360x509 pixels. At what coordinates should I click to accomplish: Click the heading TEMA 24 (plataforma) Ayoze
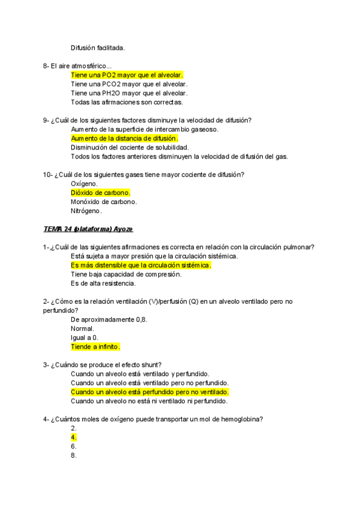pos(88,229)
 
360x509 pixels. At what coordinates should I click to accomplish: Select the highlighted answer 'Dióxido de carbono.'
pos(100,193)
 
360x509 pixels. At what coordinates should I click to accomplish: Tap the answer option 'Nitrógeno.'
pos(86,211)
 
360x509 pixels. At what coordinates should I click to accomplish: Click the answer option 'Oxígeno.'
pos(85,184)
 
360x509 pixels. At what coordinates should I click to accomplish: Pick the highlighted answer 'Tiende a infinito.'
pos(95,347)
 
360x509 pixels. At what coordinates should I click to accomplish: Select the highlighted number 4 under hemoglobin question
pos(74,438)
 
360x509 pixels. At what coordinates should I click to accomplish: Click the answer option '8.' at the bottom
pos(74,456)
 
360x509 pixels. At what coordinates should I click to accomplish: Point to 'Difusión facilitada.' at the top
pos(98,47)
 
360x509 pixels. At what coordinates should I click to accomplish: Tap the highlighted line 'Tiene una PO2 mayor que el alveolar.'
pos(127,75)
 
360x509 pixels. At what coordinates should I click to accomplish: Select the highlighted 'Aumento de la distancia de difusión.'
pos(124,139)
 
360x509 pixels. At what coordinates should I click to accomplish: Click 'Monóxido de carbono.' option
pos(104,202)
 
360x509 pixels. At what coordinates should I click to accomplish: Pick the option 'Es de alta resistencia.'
pos(103,283)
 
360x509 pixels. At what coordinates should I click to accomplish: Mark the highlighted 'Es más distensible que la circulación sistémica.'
pos(141,265)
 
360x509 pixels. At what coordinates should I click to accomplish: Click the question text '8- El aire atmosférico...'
pos(77,65)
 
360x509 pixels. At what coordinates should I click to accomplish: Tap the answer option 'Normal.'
pos(82,329)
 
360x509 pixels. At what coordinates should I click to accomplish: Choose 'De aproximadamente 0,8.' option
pos(109,320)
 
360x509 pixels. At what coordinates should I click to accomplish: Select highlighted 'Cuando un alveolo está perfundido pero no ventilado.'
pos(150,392)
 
